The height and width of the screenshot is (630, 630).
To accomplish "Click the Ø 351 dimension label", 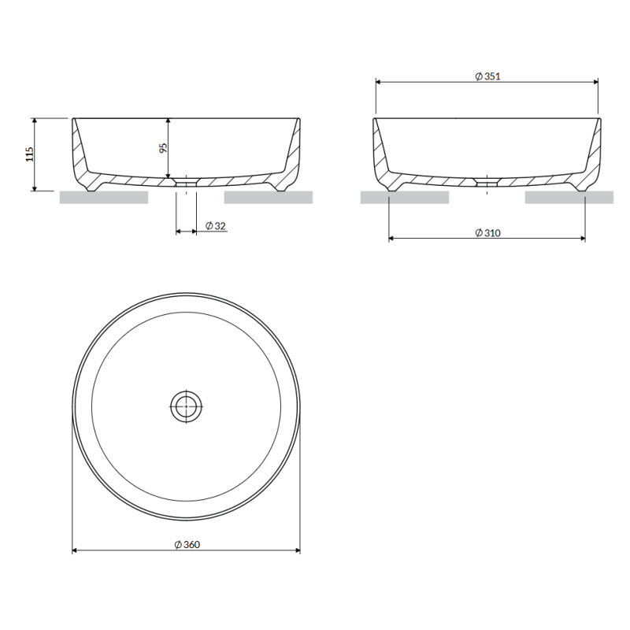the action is (x=487, y=76).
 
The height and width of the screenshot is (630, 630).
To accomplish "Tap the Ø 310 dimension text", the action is (x=487, y=232).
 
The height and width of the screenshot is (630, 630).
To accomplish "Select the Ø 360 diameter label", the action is (x=187, y=544).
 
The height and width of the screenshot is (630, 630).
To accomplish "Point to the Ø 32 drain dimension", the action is (x=216, y=226).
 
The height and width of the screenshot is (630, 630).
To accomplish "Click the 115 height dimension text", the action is (x=30, y=154).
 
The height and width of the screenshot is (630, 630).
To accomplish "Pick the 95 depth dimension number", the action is (x=163, y=148).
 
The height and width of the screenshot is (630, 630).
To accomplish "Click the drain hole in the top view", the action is (x=186, y=406).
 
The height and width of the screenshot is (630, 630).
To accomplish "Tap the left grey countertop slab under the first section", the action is (x=104, y=198).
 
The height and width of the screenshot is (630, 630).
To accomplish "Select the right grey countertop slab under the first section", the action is (x=269, y=198).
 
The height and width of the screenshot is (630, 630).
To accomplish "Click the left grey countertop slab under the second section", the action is (x=405, y=198).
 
